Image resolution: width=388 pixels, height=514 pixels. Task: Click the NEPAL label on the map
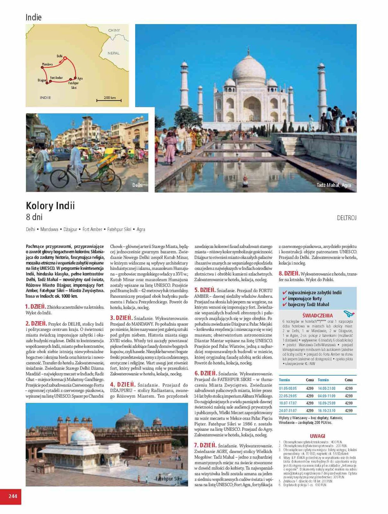coord(113,53)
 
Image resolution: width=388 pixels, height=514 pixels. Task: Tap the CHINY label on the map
coord(114,31)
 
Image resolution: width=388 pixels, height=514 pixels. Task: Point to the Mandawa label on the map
coord(47,65)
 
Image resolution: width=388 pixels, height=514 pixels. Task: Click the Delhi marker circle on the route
coord(65,58)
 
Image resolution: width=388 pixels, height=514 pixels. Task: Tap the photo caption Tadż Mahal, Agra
coord(334,185)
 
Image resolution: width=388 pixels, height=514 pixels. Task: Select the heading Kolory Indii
coord(50,206)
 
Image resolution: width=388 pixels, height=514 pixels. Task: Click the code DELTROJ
coord(347,218)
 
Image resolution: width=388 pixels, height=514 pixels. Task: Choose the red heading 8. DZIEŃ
coord(289,274)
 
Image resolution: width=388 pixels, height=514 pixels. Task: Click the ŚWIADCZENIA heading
coord(317,315)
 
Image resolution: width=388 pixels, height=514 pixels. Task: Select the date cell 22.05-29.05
coord(288,396)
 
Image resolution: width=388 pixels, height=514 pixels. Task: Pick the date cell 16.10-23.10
coord(326,411)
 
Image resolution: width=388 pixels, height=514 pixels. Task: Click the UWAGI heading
coord(317,436)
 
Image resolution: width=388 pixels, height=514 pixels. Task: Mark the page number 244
coord(13,496)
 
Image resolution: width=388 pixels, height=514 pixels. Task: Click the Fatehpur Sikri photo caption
coord(169,479)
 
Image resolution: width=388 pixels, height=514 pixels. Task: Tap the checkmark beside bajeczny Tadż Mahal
coord(284,305)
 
